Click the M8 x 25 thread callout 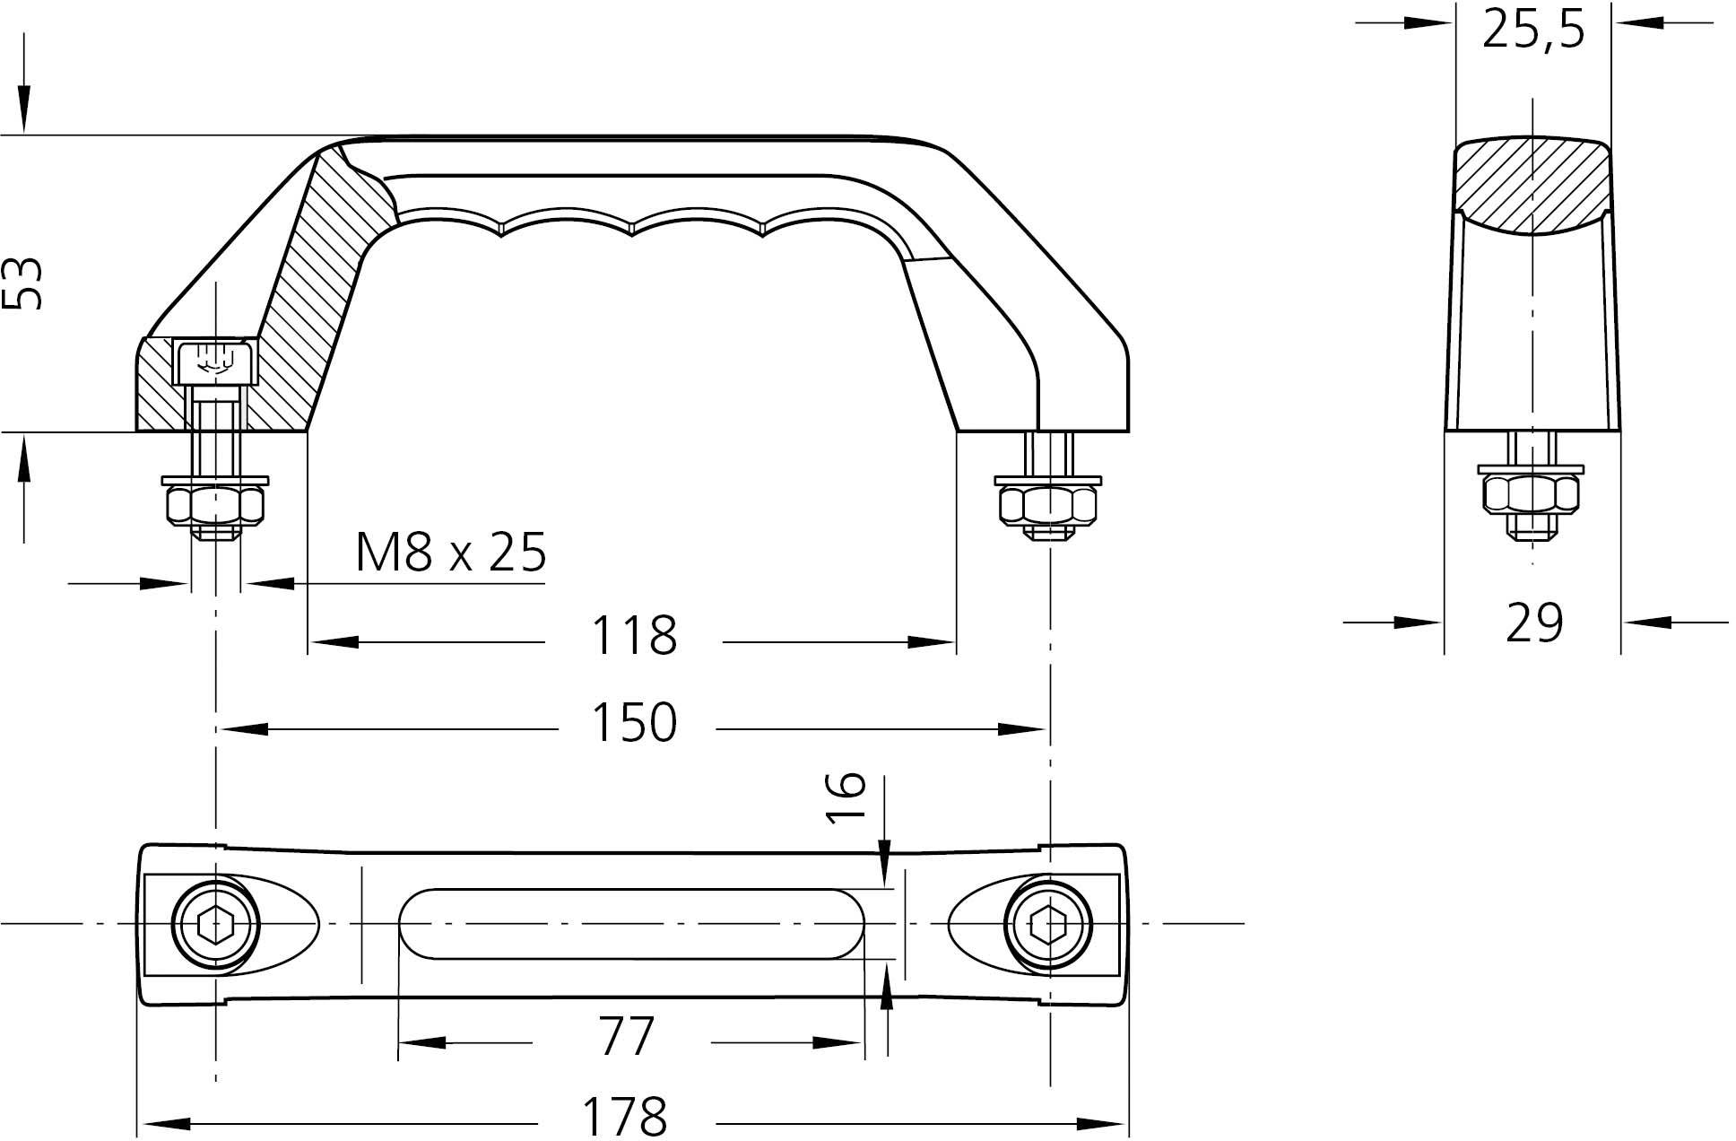click(x=450, y=553)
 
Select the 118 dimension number click(x=633, y=636)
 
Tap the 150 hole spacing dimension click(x=633, y=723)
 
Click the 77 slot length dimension click(x=626, y=1038)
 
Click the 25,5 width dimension click(x=1533, y=30)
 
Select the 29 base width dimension click(x=1534, y=623)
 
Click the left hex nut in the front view click(x=215, y=506)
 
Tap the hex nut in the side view click(x=1531, y=494)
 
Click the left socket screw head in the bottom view click(x=216, y=924)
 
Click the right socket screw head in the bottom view click(x=1048, y=924)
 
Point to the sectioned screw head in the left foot click(x=215, y=361)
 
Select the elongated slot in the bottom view click(x=632, y=923)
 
